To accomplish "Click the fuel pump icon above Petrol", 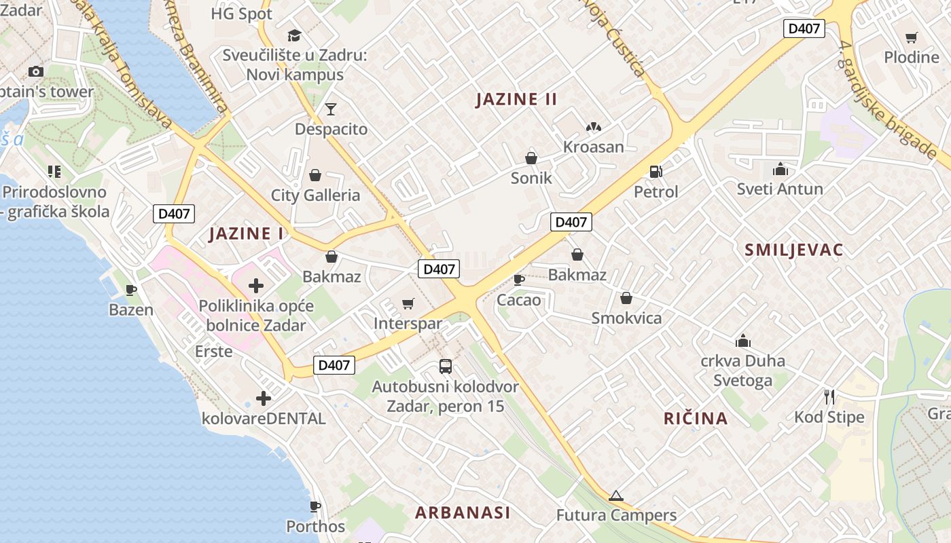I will point(656,172).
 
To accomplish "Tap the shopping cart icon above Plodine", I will point(911,38).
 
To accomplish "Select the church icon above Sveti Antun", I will point(780,169).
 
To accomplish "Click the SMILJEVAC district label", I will point(793,250).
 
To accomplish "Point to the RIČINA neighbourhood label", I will point(696,418).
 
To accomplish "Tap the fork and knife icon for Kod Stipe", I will point(829,396).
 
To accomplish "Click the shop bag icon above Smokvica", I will point(626,298).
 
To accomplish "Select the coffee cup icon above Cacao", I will point(519,280).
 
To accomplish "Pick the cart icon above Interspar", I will point(408,303).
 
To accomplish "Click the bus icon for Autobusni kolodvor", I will point(445,367).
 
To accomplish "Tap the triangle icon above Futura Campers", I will point(616,495).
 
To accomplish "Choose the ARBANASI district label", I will point(463,512).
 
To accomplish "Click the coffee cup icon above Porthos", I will point(315,506).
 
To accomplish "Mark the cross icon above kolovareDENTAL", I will point(263,398).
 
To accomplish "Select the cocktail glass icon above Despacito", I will point(331,109).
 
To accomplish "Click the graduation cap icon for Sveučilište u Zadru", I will point(294,35).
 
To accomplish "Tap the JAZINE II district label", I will point(516,99).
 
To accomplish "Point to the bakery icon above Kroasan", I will point(593,127).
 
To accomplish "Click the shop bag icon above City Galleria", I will point(315,176).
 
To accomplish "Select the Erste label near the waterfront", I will point(213,352).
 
